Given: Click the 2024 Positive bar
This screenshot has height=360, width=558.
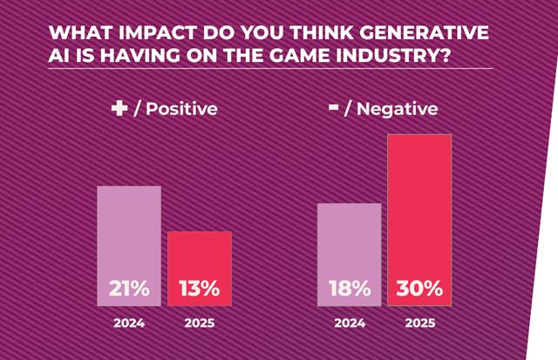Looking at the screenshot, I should coord(128,235).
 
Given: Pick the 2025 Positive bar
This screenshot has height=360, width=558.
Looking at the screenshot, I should coord(200,257).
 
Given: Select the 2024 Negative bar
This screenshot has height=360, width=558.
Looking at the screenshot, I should coord(349,244).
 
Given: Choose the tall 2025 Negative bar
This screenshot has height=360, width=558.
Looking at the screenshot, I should coord(420,209).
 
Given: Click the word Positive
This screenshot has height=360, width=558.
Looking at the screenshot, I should coord(181,110).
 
